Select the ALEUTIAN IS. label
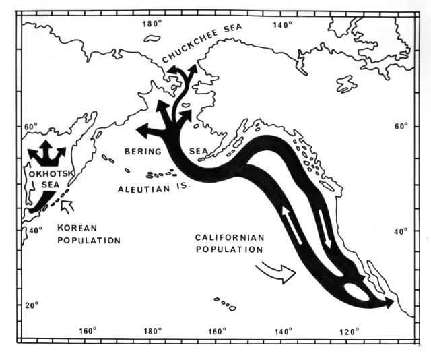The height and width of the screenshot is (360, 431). pos(153,189)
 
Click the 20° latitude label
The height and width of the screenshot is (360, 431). pos(32,305)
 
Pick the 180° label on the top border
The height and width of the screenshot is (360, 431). pos(152,25)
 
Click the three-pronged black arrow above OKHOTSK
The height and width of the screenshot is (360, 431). pos(46,153)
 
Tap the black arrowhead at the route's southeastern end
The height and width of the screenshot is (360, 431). pos(388,304)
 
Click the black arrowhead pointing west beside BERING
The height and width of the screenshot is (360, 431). pos(143,129)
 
